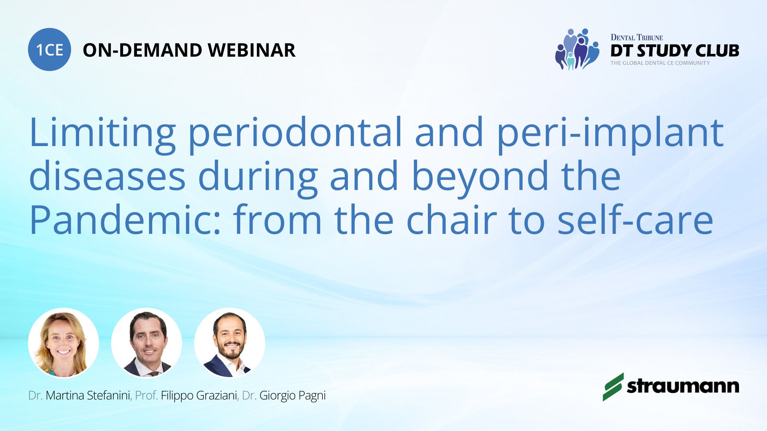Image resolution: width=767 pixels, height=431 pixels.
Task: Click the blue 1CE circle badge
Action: click(x=50, y=49)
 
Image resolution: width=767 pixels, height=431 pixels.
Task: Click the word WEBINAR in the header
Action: click(x=252, y=50)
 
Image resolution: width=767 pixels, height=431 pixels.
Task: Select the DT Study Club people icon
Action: click(x=577, y=49)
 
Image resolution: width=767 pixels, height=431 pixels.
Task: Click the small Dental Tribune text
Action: click(x=637, y=38)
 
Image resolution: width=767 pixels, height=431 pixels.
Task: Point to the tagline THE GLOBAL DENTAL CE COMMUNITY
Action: click(x=660, y=63)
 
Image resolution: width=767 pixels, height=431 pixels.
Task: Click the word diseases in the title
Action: click(x=107, y=176)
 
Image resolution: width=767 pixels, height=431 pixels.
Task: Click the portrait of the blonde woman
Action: click(x=64, y=343)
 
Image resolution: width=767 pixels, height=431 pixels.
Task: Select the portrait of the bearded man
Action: click(x=230, y=343)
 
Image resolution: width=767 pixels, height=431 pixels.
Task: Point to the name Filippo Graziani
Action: click(x=199, y=395)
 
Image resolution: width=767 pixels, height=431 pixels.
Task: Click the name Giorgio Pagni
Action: click(x=292, y=396)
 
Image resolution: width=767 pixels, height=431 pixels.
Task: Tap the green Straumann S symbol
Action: click(x=613, y=387)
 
